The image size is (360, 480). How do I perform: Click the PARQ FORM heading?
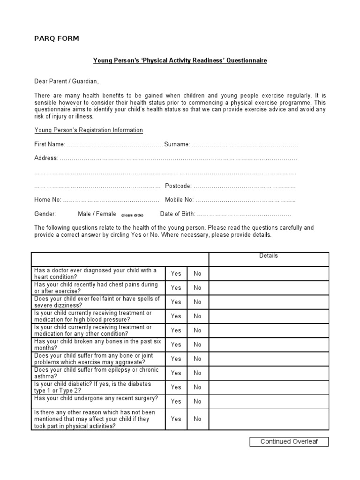(x=56, y=38)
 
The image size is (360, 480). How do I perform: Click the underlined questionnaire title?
(x=180, y=61)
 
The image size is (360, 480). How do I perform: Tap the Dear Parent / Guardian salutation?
(x=67, y=81)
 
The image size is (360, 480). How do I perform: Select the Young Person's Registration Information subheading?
(x=89, y=130)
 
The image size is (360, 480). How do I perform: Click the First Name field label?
(x=50, y=144)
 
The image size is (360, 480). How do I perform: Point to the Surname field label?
(x=177, y=144)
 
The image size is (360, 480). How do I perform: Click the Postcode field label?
(x=178, y=186)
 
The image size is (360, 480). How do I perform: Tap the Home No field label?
(x=47, y=200)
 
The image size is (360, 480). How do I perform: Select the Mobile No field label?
(x=179, y=200)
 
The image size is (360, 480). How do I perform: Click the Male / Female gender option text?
(x=97, y=214)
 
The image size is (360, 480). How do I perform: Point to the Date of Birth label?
(x=177, y=214)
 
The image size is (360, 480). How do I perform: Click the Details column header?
(x=269, y=256)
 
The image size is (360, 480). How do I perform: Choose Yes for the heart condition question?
(x=176, y=274)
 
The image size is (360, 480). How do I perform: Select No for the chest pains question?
(x=197, y=288)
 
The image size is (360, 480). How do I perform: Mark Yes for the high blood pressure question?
(x=176, y=316)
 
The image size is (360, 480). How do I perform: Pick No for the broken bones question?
(x=197, y=345)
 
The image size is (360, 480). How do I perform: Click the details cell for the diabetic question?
(x=269, y=387)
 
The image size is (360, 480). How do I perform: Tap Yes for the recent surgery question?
(x=176, y=402)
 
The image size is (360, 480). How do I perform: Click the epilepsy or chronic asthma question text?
(x=96, y=373)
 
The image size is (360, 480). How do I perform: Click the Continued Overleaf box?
(x=289, y=442)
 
